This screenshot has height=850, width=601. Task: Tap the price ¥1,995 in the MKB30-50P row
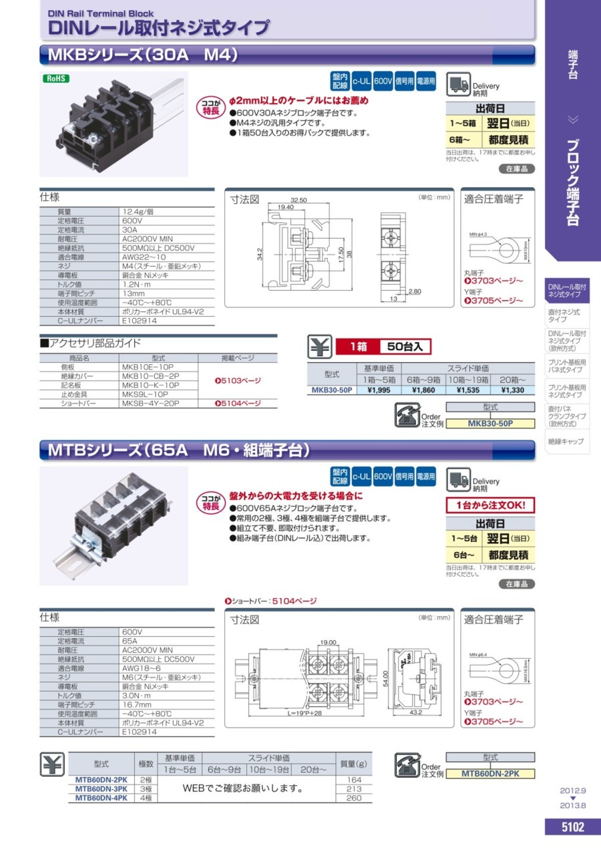click(x=379, y=390)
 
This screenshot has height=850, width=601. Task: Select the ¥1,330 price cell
click(x=513, y=390)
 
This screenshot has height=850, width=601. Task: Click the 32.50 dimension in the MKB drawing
click(x=298, y=200)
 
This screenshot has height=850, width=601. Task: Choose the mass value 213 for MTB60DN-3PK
click(x=354, y=789)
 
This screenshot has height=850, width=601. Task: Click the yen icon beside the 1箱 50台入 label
click(x=317, y=346)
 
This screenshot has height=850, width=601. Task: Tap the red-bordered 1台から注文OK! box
click(x=490, y=505)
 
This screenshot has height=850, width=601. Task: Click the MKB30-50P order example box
click(x=490, y=423)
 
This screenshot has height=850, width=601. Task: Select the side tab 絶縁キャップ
click(x=566, y=442)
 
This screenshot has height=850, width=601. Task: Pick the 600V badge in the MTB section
click(x=383, y=476)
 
